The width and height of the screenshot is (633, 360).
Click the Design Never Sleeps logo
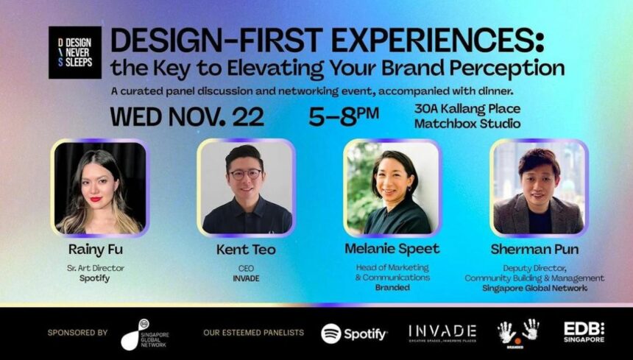click(x=74, y=52)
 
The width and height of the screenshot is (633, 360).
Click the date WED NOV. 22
click(x=187, y=117)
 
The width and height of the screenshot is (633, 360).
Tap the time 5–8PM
click(x=344, y=116)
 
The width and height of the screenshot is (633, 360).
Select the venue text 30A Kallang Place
click(x=467, y=109)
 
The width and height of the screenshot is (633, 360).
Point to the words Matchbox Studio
click(x=467, y=124)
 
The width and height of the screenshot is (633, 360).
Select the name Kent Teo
click(x=246, y=250)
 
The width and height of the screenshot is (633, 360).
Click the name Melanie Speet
click(x=392, y=249)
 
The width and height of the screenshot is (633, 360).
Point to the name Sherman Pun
click(x=534, y=250)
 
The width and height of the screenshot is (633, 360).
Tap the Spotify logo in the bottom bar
click(x=354, y=333)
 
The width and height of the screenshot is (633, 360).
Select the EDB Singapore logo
click(x=584, y=331)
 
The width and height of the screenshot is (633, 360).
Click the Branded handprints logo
click(x=520, y=332)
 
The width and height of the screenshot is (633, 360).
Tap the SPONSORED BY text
click(x=77, y=333)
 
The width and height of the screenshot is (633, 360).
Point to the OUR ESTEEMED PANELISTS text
click(x=253, y=333)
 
